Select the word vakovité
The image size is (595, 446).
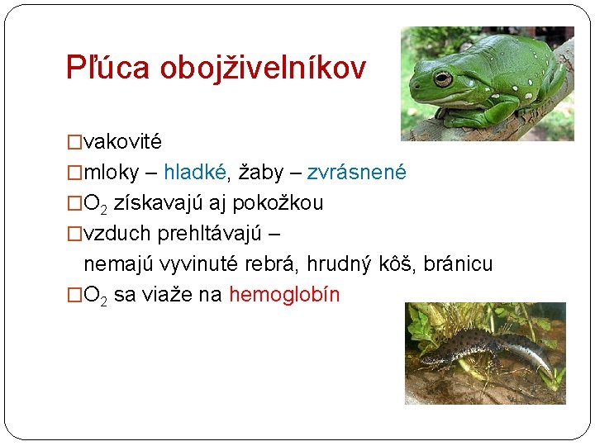point(123,141)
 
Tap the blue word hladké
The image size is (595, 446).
point(195,172)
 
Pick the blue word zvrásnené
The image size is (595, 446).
point(356,172)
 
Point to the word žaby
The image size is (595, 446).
point(259,172)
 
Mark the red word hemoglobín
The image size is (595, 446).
point(284,294)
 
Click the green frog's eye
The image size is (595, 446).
point(443,79)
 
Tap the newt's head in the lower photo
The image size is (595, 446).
point(431,358)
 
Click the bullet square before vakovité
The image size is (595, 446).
point(75,142)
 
